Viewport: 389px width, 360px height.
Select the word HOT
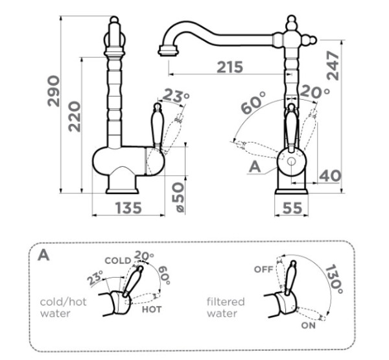click(151, 309)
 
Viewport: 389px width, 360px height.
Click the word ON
click(308, 324)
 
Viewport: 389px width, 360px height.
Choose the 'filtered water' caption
click(226, 307)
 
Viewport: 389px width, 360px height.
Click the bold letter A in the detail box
click(43, 254)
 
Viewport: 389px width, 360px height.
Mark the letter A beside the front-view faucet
click(255, 166)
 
